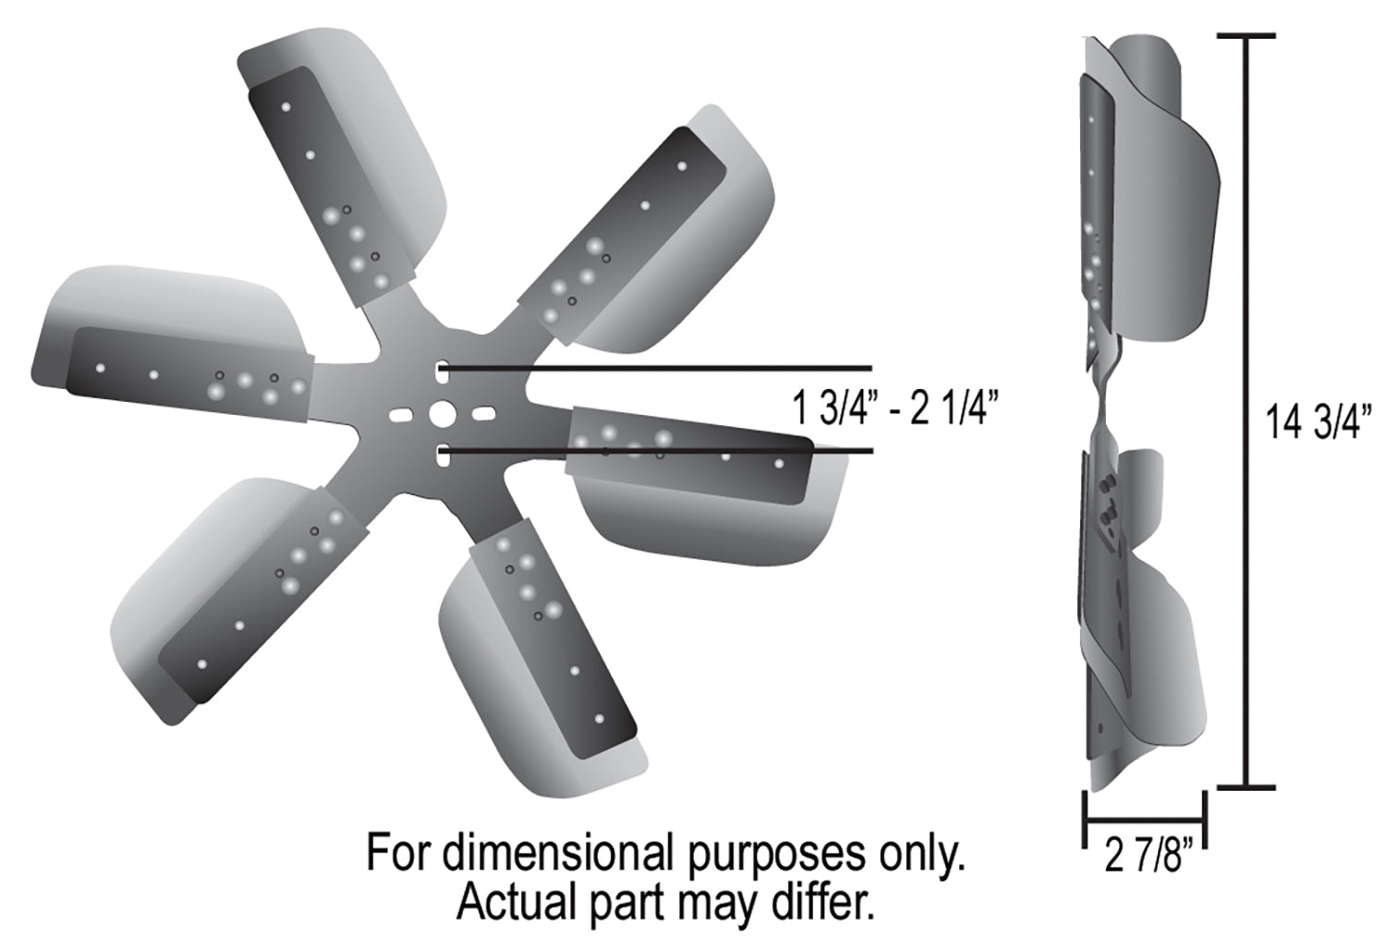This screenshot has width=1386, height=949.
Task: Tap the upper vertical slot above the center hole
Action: (442, 371)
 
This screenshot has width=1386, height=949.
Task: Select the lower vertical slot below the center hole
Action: (442, 456)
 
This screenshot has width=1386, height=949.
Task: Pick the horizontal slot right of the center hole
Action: (483, 412)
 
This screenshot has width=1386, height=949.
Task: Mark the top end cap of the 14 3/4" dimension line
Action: (1246, 36)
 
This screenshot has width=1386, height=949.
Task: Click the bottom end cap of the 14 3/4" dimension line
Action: (1246, 787)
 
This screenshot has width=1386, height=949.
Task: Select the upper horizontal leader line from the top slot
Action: (658, 368)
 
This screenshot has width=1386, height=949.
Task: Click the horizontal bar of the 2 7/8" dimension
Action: (1146, 821)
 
